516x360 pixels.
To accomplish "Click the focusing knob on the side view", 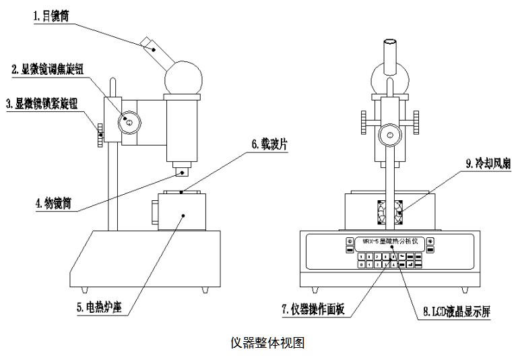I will [129, 122].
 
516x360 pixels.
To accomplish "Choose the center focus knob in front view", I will [389, 133].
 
